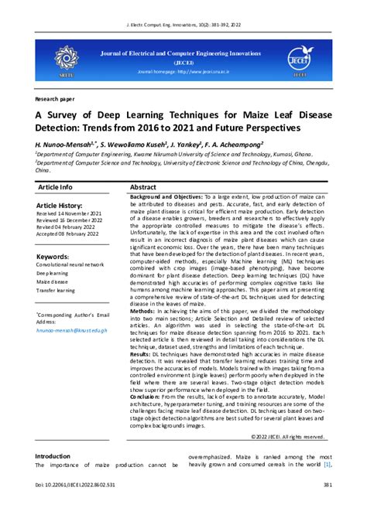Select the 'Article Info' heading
point(54,187)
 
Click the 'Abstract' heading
point(143,187)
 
